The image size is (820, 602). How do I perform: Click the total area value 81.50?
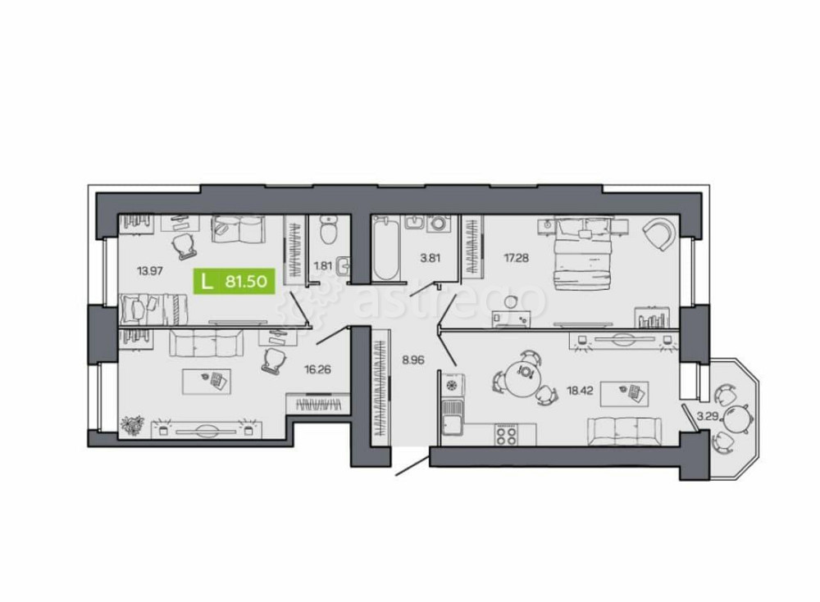pyautogui.click(x=244, y=282)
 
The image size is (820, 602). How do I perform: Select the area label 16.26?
pyautogui.click(x=317, y=369)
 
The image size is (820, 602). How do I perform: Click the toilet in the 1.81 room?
pyautogui.click(x=328, y=230)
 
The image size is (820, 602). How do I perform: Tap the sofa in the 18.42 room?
pyautogui.click(x=623, y=429)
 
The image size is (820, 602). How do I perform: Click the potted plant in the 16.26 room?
pyautogui.click(x=132, y=424)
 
